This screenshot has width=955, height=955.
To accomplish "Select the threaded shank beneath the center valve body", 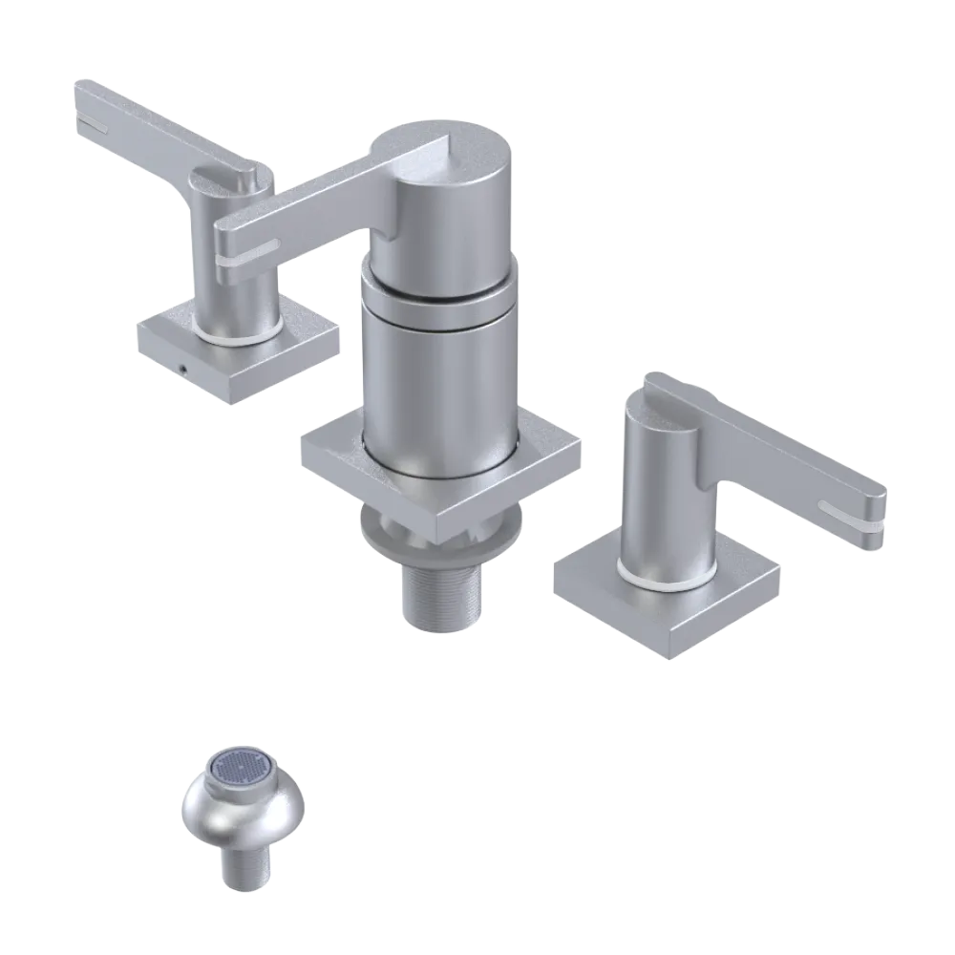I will pos(441,592).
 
